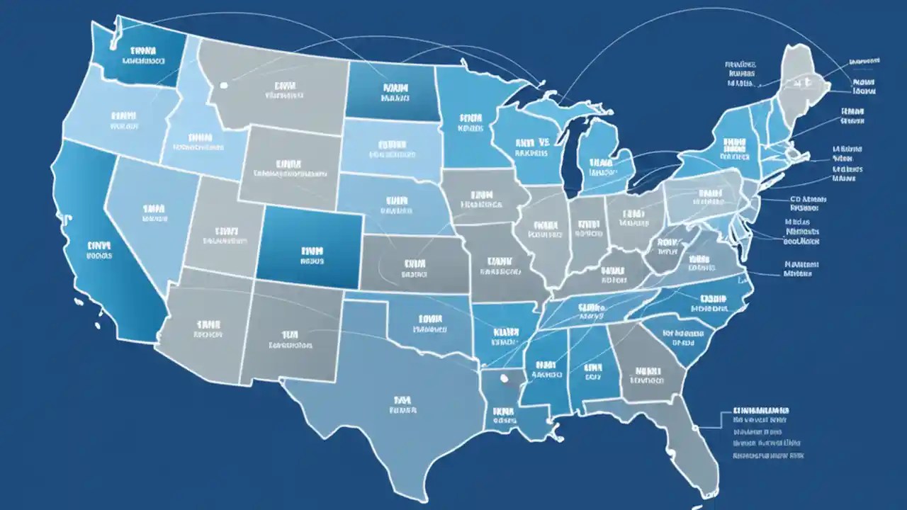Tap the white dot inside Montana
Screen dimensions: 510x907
pos(224,85)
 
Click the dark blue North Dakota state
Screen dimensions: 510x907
pos(390,89)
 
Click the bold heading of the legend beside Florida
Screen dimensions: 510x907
pos(762,410)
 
